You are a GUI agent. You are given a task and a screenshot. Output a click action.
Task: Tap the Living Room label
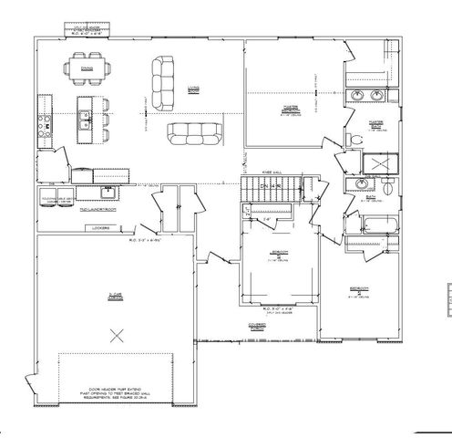[193, 89]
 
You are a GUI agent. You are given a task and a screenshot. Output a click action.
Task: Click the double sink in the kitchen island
[83, 115]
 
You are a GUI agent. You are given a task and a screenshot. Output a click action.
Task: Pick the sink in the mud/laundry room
[108, 191]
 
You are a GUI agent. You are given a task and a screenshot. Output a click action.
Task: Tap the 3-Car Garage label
[116, 295]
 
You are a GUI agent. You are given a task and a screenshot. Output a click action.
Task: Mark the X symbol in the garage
[115, 335]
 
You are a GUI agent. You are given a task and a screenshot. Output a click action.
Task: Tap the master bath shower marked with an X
[375, 164]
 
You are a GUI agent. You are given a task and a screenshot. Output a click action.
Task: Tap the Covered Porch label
[255, 326]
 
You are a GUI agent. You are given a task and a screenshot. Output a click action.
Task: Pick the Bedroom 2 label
[360, 292]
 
